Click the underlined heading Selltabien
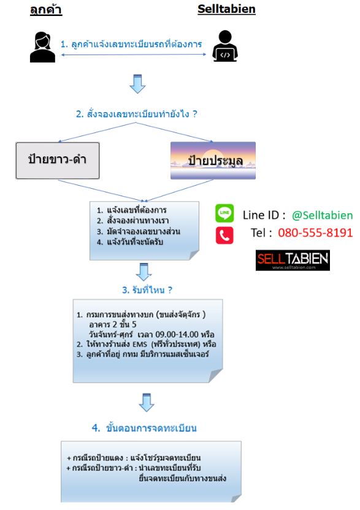(226, 9)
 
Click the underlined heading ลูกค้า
(46, 10)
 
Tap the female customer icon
(42, 47)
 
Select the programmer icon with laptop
(225, 46)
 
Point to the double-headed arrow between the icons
(134, 55)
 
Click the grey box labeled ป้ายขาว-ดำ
(58, 161)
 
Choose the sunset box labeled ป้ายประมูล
(213, 161)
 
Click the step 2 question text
(137, 114)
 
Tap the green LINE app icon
(224, 213)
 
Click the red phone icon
(224, 235)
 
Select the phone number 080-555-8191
(315, 232)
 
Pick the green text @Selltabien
(322, 215)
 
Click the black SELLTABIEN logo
(293, 260)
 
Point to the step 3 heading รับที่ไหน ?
(147, 290)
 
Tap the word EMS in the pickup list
(140, 344)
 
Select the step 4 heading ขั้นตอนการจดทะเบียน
(144, 428)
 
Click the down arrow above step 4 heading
(147, 403)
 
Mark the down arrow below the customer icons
(137, 84)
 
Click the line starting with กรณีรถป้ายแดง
(134, 458)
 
